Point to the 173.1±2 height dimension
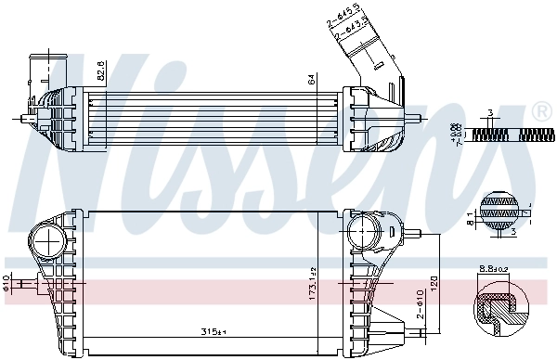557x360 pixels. pos(312,278)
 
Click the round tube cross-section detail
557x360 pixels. pos(501,209)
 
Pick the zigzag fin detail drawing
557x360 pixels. pos(501,135)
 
